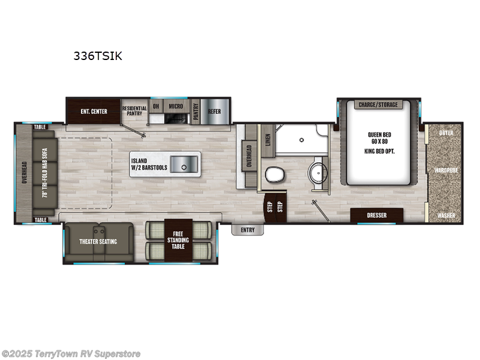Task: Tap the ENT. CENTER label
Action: point(92,112)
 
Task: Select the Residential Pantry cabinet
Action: point(134,112)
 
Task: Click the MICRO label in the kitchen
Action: point(175,106)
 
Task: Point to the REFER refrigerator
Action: point(215,112)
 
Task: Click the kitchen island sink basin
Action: point(181,163)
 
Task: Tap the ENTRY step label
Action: point(247,230)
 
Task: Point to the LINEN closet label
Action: point(268,139)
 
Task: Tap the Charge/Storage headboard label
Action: point(378,105)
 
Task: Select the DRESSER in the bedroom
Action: point(377,215)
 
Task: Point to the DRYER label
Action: point(445,132)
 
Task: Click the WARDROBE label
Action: point(446,170)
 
